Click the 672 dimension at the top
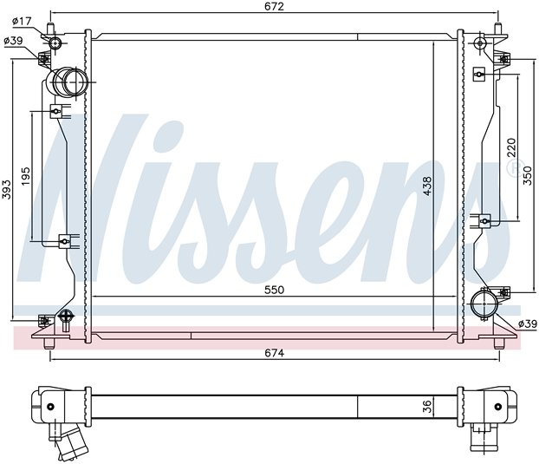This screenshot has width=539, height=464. tap(275, 7)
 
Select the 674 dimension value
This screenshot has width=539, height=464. tap(275, 353)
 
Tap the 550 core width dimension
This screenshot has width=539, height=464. tap(275, 290)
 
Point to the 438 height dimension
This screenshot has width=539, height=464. tap(427, 186)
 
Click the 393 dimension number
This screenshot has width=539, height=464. tap(7, 189)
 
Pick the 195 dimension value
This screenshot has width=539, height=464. tap(27, 177)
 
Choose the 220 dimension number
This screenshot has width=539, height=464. tap(511, 147)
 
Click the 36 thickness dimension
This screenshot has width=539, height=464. tap(426, 406)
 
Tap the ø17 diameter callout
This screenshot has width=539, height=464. tap(22, 22)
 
